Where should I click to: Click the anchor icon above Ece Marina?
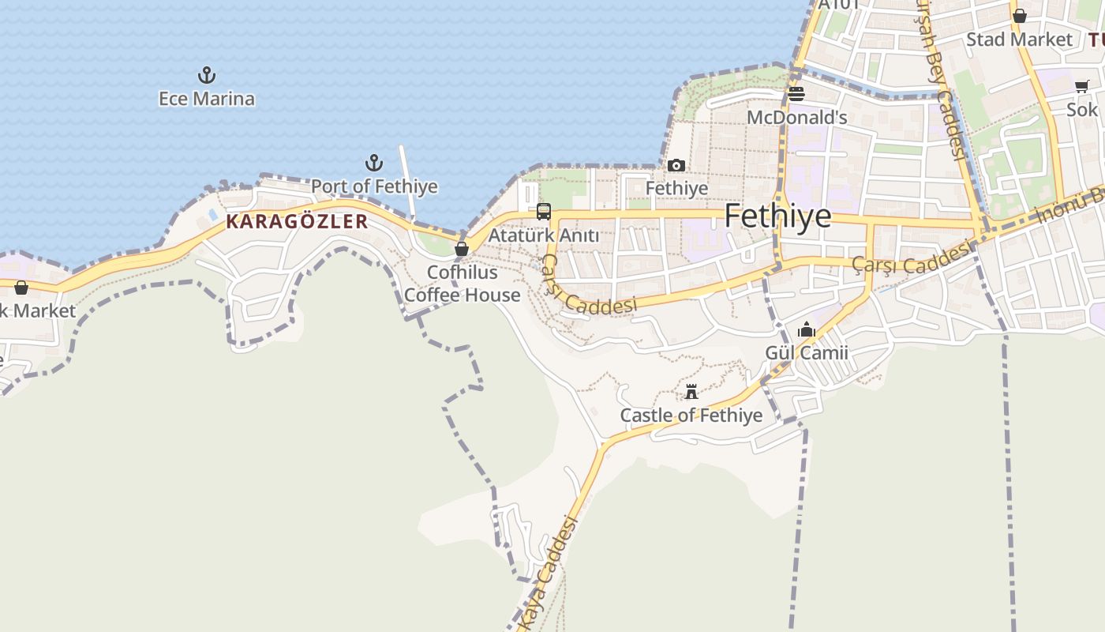206,76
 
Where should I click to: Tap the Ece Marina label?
207,99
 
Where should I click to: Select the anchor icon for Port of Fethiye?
374,164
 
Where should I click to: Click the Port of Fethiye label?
374,186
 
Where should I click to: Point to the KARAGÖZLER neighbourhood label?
297,221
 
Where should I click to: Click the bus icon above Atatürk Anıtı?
544,212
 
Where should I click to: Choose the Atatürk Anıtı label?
544,235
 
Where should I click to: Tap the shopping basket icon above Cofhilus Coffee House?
462,249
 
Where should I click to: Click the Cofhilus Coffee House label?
463,284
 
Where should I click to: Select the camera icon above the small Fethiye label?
676,166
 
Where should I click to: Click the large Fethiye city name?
777,216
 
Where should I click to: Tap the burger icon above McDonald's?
796,95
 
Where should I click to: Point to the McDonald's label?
797,118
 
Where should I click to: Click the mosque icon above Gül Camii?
807,329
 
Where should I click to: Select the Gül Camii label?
807,352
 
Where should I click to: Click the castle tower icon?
691,392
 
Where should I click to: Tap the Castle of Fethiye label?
691,416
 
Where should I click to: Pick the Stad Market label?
1019,39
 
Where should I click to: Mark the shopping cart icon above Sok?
1081,87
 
